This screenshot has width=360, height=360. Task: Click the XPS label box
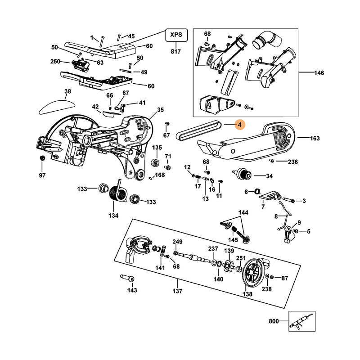(175, 35)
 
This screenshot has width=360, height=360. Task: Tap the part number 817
(175, 52)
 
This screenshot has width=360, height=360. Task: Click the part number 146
(319, 72)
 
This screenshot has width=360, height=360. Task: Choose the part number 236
(293, 161)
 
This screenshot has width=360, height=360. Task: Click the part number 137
(177, 291)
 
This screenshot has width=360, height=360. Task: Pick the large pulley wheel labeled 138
(253, 272)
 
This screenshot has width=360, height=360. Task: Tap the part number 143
(131, 290)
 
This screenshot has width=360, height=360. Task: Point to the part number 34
(270, 176)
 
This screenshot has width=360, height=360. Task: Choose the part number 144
(243, 212)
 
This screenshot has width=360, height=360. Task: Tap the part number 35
(161, 109)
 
